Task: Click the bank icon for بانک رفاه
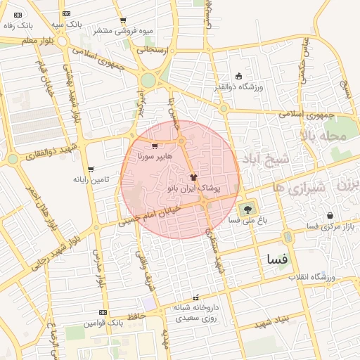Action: [x=18, y=15]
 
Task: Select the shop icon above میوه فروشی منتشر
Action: [x=123, y=20]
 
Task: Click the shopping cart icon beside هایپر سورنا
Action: [x=154, y=146]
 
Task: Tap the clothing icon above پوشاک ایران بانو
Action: [x=194, y=177]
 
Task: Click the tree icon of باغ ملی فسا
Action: [x=246, y=209]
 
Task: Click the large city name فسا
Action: [x=273, y=258]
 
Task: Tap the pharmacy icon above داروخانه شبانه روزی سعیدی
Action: [x=196, y=298]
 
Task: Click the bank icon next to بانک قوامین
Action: [x=103, y=312]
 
